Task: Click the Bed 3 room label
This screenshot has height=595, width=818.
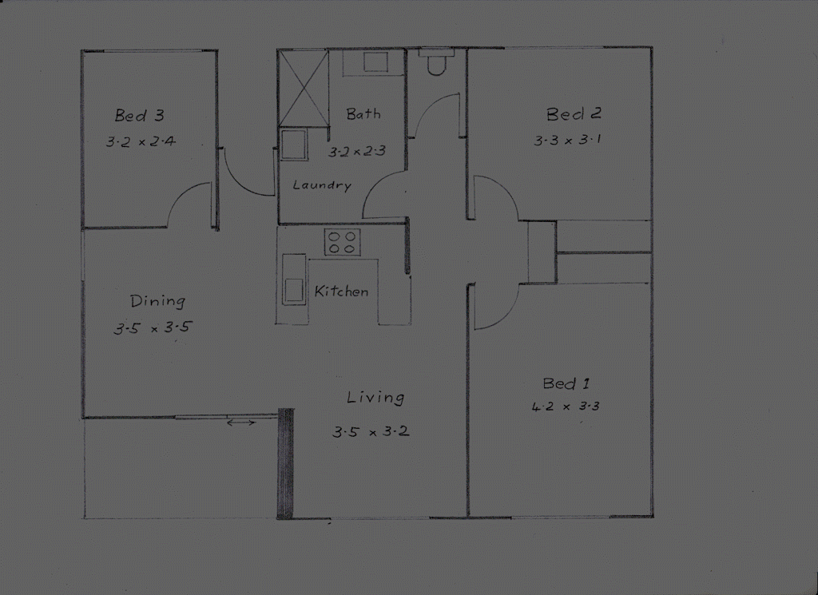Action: pos(139,116)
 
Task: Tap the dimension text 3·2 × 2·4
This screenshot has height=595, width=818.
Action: pos(140,143)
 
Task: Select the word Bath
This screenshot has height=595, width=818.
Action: pos(363,114)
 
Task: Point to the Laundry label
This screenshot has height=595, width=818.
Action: pos(322,185)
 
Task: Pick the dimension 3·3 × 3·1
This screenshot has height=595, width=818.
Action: pos(567,141)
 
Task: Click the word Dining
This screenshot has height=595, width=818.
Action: pos(157,301)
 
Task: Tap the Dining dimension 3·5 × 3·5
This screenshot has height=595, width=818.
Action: pos(153,327)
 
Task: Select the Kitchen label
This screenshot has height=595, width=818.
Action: pos(341,292)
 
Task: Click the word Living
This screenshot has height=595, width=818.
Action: pos(375,397)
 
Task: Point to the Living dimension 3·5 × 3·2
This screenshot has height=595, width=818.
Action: pos(371,432)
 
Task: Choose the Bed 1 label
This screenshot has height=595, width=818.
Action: pos(566,383)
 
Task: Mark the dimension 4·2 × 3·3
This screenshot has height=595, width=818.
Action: pos(565,407)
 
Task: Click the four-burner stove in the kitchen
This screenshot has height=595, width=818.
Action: pos(342,242)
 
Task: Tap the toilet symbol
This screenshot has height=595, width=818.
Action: pos(436,63)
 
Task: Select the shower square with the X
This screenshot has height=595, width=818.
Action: pos(304,88)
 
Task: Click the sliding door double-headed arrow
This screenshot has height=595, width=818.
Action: pos(241,422)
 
